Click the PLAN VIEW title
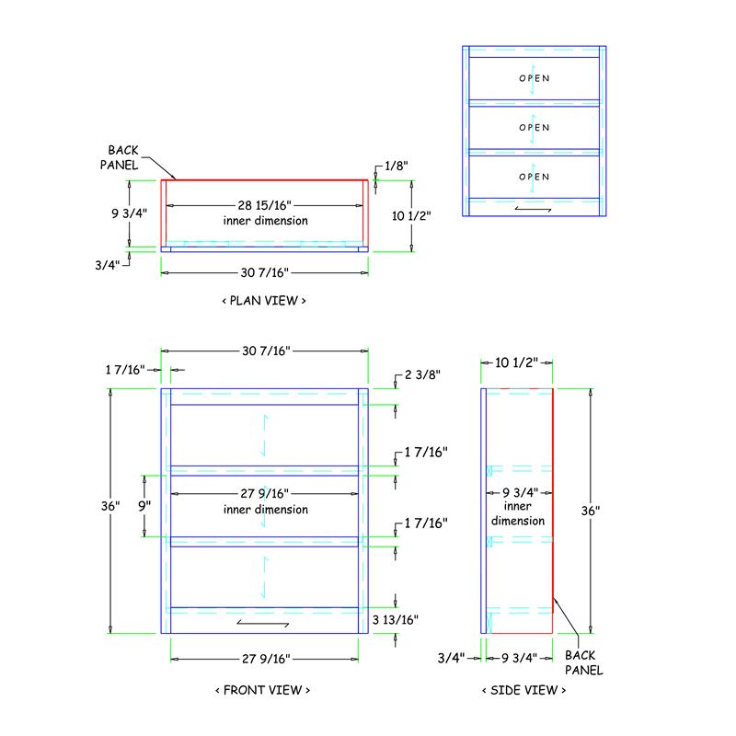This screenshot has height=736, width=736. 264,301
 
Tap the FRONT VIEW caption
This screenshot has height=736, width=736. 263,690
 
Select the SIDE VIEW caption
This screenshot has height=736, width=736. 523,690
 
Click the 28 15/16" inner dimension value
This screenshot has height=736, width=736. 264,205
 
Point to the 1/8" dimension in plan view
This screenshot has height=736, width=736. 397,166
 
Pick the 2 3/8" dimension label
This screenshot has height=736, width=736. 422,374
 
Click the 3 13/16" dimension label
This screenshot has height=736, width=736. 396,619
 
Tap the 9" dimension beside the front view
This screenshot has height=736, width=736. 144,506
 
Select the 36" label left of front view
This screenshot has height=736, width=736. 110,506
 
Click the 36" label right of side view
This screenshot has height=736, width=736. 591,511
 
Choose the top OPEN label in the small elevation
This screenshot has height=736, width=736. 535,78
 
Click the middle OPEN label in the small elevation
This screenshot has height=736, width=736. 535,128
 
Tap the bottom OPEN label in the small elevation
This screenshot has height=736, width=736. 535,177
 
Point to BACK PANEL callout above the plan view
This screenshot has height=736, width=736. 120,157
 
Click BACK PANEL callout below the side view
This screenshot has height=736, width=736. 583,662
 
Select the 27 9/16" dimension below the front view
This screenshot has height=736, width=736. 266,659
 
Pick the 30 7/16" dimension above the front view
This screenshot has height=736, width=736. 266,351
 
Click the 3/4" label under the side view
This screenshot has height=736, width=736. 451,658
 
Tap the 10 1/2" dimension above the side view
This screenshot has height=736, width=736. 516,362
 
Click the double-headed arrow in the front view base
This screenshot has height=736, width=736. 263,624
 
